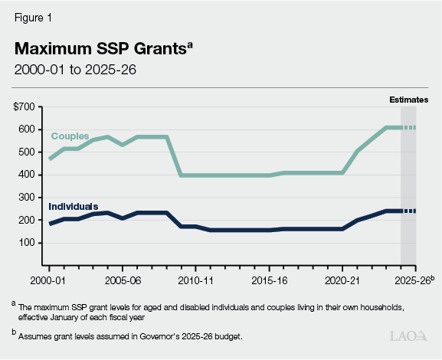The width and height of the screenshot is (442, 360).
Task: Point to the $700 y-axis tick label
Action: [23, 107]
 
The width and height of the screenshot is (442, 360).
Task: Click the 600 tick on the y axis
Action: [25, 129]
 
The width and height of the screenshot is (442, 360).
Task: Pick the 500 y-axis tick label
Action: [25, 152]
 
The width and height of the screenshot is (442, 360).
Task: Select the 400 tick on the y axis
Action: [25, 175]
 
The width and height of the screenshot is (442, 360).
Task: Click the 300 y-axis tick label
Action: [25, 198]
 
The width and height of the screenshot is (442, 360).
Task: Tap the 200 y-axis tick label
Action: [25, 220]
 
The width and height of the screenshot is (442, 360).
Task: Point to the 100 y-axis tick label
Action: [25, 243]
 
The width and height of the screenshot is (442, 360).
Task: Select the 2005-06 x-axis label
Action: [123, 280]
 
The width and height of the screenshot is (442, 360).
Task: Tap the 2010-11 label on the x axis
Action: [196, 280]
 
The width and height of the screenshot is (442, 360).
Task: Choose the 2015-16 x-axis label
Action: [269, 280]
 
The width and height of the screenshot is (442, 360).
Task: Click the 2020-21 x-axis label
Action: [342, 280]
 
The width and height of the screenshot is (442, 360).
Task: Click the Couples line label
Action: [70, 136]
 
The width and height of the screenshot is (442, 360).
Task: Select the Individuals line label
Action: [74, 207]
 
